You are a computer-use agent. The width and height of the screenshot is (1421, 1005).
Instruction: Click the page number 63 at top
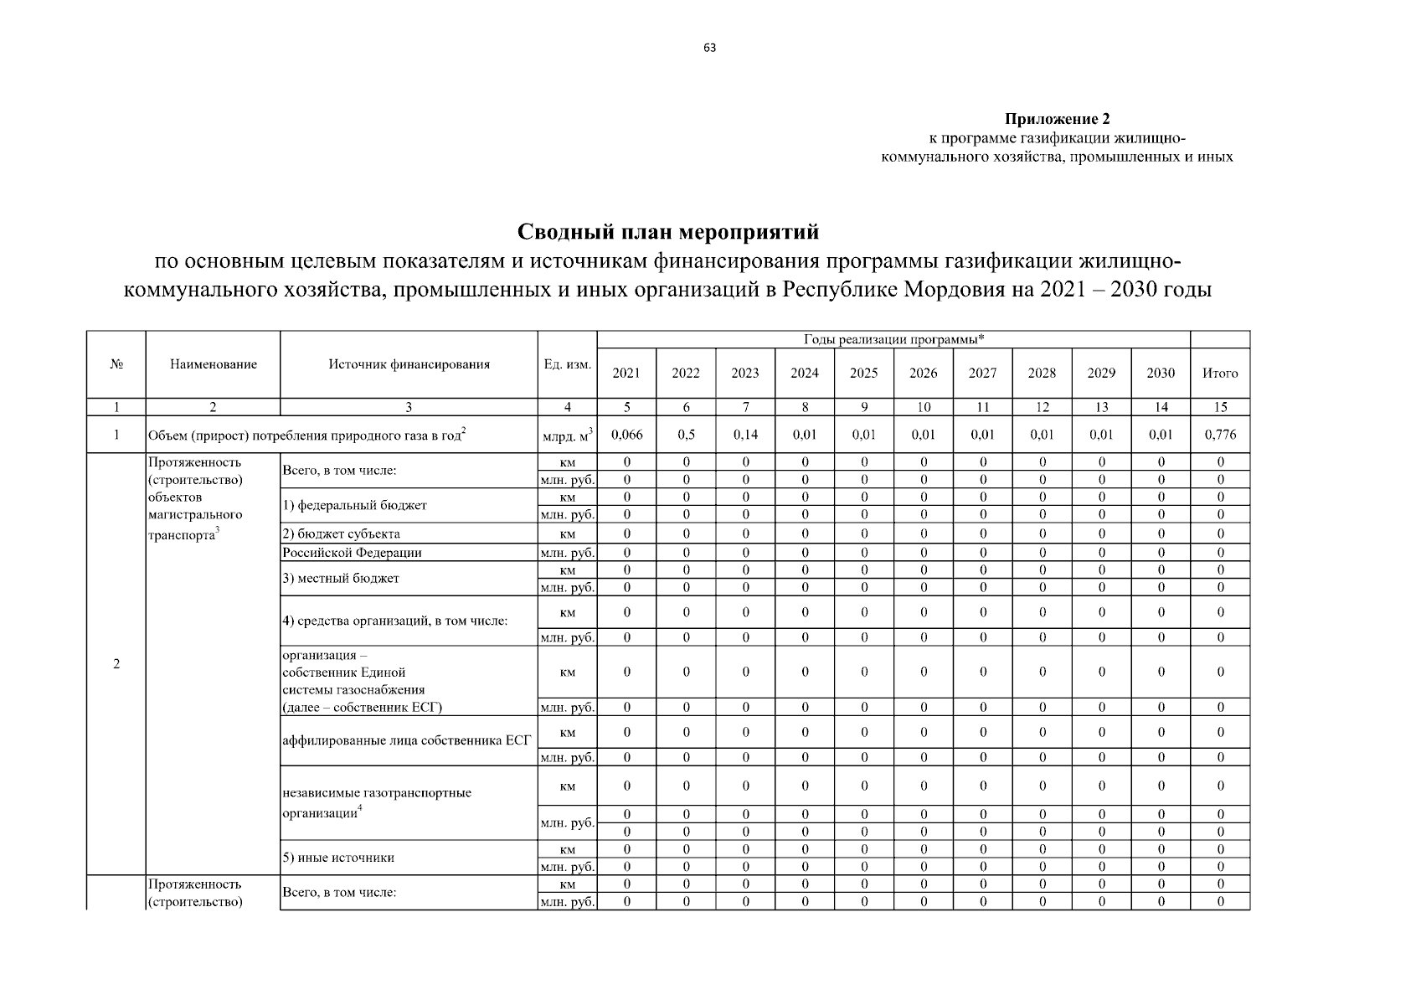(x=709, y=48)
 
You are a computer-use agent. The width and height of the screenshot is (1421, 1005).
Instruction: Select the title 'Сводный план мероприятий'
(x=667, y=231)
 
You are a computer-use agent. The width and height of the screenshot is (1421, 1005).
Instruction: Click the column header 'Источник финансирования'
(x=409, y=364)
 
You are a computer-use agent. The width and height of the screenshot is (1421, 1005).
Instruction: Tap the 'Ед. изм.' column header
(x=567, y=364)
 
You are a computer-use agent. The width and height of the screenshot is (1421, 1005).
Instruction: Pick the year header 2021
(x=626, y=374)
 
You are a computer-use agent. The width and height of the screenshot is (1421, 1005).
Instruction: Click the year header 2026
(x=923, y=374)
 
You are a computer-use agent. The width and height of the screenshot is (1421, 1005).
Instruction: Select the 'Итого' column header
(x=1220, y=374)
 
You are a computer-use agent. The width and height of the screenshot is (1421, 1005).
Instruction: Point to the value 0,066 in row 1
(x=626, y=435)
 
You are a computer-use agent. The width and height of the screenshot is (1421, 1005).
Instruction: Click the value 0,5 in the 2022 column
(x=686, y=435)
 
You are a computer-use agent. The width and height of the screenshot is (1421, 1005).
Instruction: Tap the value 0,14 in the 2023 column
(x=745, y=435)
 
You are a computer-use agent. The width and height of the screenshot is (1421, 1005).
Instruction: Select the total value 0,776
(x=1220, y=435)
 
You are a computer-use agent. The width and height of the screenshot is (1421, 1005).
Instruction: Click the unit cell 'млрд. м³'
(x=567, y=435)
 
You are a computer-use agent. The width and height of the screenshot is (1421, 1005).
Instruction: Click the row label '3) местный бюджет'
(x=341, y=578)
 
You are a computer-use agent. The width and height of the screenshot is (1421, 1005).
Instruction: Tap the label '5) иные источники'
(x=338, y=858)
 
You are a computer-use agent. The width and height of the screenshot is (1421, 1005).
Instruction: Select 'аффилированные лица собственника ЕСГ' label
(x=407, y=740)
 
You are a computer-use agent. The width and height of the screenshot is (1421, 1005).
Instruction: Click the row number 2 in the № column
(x=116, y=664)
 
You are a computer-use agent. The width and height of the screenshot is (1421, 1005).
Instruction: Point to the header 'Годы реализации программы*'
(x=893, y=339)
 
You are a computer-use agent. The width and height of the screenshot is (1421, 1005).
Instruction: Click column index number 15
(x=1220, y=407)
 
